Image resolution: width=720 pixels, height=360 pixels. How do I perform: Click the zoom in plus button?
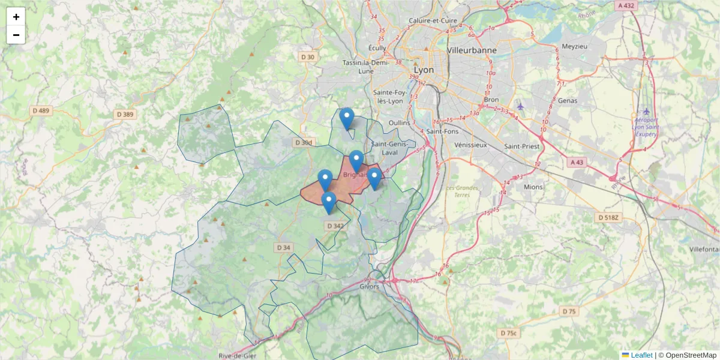(x=16, y=17)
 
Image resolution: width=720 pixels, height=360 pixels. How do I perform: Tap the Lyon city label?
(x=424, y=70)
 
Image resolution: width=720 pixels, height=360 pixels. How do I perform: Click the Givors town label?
(x=370, y=286)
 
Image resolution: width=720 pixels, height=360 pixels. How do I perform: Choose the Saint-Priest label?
(x=521, y=146)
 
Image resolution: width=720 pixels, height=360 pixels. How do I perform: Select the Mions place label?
(x=533, y=187)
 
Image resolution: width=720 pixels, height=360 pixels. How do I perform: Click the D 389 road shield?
(x=124, y=114)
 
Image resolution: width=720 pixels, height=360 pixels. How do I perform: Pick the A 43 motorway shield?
(x=577, y=162)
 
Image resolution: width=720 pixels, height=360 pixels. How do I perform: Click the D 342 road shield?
(x=336, y=226)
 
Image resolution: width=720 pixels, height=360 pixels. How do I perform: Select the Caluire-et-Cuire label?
(x=433, y=20)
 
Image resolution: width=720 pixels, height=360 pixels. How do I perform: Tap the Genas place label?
(x=567, y=100)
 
